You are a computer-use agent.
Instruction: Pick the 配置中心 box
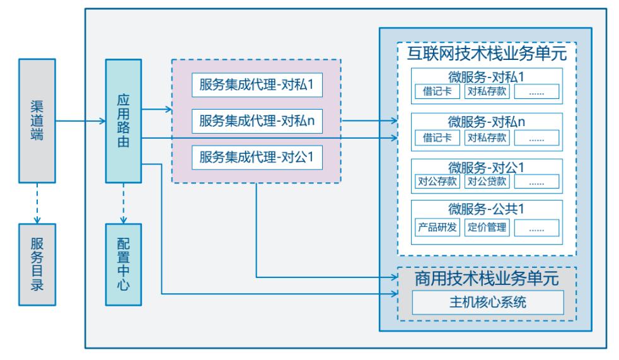(124, 265)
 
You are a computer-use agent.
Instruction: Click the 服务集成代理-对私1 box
(257, 85)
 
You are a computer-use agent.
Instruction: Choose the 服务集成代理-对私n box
(257, 120)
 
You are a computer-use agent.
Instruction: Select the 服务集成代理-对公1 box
(257, 156)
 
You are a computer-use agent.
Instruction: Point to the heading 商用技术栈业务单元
(487, 279)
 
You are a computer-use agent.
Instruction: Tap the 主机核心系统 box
(487, 303)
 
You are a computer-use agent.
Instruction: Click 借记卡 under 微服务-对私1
(437, 92)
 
